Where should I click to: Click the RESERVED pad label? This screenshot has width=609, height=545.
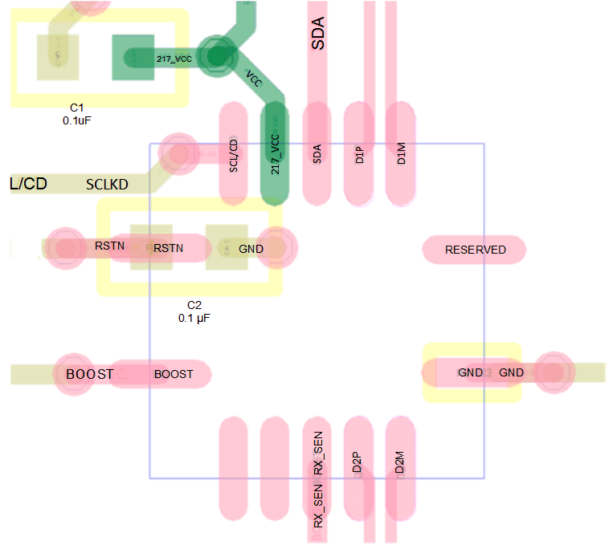point(476,250)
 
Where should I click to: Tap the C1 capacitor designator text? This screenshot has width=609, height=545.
point(77,108)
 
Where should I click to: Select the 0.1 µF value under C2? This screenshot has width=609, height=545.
point(194,318)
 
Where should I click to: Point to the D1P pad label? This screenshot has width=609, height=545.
point(359,154)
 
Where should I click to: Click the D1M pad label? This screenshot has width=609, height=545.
point(401,154)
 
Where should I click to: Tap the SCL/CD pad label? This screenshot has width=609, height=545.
point(234,156)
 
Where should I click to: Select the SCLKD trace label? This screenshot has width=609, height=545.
point(107,185)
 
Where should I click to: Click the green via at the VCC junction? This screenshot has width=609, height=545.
point(215,56)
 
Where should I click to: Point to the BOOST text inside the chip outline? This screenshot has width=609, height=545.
point(174,374)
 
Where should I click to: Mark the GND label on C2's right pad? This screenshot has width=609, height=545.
point(251,249)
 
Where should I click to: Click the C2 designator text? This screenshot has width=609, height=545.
point(194,305)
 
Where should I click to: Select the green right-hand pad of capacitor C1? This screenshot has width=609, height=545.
point(133,57)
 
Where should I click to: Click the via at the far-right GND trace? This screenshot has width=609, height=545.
point(553,372)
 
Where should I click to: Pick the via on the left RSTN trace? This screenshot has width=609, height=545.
point(62,246)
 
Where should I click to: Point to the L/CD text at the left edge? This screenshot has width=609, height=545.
point(28,184)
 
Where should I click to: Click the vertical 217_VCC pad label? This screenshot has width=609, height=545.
point(276,155)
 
